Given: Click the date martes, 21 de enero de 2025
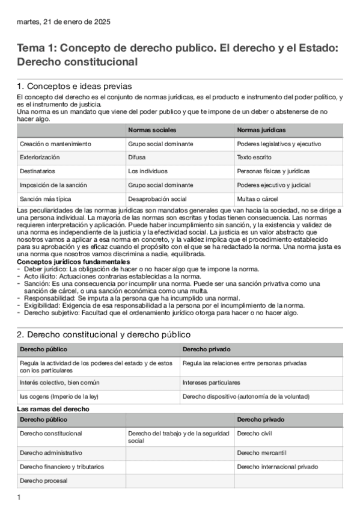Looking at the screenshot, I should (64, 22).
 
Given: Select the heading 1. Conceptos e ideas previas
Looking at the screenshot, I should (75, 86).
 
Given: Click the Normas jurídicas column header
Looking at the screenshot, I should (261, 130).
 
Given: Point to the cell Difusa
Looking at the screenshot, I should (137, 157).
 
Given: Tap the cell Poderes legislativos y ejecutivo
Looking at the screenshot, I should (279, 144).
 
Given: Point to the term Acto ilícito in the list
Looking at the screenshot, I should (43, 276).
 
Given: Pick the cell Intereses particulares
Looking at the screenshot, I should (212, 382).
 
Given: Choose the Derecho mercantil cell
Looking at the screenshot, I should (261, 452).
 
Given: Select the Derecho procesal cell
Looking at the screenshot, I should (43, 481).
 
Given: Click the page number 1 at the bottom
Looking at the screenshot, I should (19, 497).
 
